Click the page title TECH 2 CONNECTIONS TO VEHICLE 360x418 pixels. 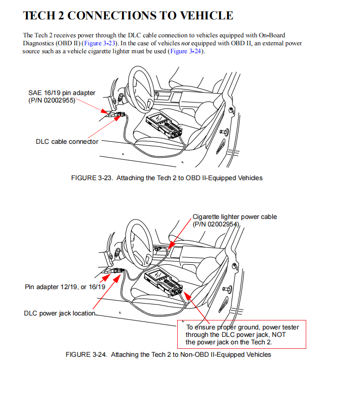tap(128, 15)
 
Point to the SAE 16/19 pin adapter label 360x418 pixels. tap(62, 93)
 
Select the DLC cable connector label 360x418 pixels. tap(67, 141)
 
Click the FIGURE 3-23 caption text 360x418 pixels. tap(167, 178)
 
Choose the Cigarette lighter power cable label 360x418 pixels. tap(235, 217)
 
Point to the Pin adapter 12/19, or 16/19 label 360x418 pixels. tap(65, 287)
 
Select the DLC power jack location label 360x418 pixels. tap(59, 313)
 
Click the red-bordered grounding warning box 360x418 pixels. tap(242, 334)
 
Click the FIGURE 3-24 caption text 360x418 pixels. tap(168, 355)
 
